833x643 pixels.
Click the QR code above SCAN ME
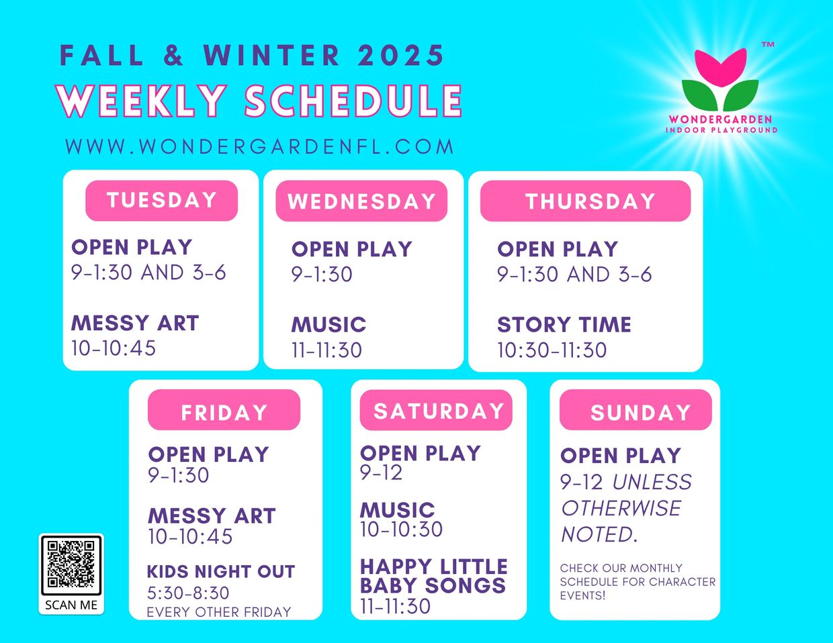71,565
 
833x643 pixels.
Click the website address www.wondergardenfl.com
259,147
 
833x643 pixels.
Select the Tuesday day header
161,201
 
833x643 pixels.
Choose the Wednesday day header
361,201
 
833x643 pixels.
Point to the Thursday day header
585,201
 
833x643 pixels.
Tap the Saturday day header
436,410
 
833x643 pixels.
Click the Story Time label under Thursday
564,324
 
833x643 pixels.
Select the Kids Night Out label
221,571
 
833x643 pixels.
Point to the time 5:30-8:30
188,593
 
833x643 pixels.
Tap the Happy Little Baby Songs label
433,576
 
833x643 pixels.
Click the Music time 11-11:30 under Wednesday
326,350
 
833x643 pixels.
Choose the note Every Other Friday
219,612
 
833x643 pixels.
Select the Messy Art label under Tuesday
135,323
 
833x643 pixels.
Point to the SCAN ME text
71,605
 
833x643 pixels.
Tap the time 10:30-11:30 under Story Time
552,350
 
